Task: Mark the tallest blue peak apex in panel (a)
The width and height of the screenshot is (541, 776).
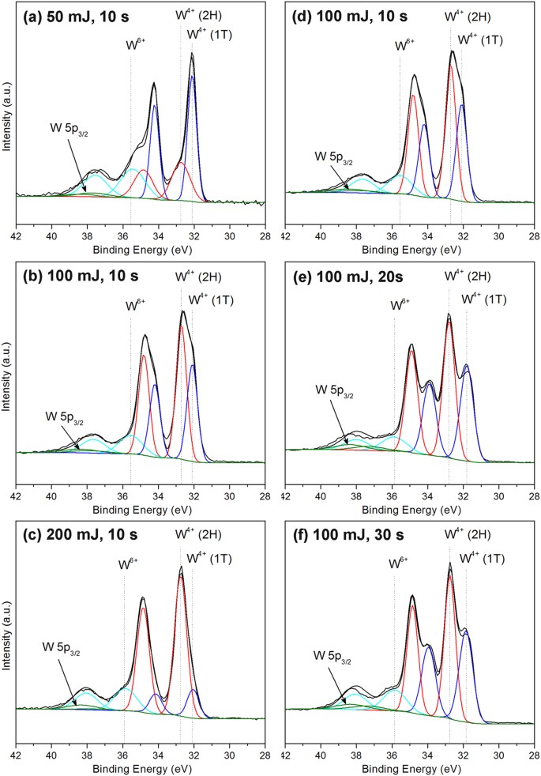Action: point(192,76)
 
